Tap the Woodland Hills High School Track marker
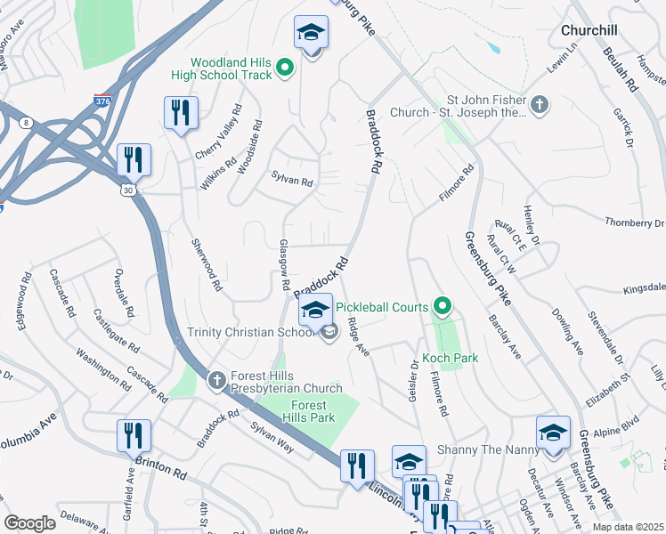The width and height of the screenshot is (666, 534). point(285,67)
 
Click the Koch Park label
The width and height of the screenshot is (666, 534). point(450,358)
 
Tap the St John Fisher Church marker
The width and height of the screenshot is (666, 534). point(539,106)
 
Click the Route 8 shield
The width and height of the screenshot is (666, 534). point(27,122)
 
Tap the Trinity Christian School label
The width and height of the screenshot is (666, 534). point(251,332)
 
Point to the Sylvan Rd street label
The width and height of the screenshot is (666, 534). point(293,182)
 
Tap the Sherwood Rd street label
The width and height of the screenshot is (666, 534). point(207,264)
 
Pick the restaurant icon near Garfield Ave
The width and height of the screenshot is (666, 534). point(134,435)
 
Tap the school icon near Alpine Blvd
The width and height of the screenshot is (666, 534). point(553,433)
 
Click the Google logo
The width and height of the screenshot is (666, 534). point(29,523)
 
